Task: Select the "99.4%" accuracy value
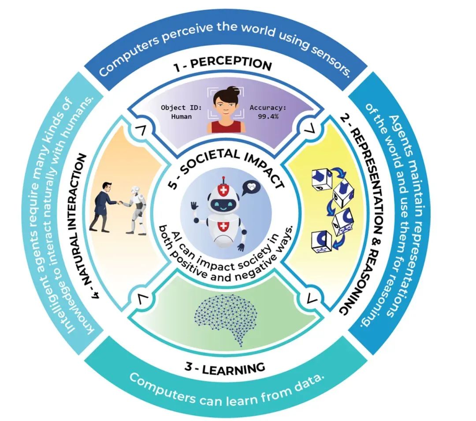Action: [268, 116]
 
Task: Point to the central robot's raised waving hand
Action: [194, 207]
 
